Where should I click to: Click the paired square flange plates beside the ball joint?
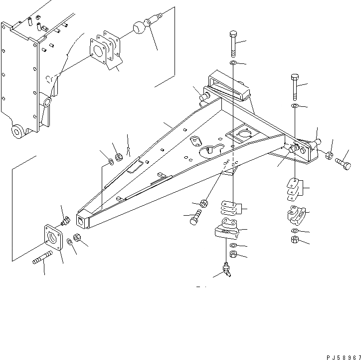[106, 50]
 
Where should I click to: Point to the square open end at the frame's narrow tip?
[80, 220]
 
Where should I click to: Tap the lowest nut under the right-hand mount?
[294, 240]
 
